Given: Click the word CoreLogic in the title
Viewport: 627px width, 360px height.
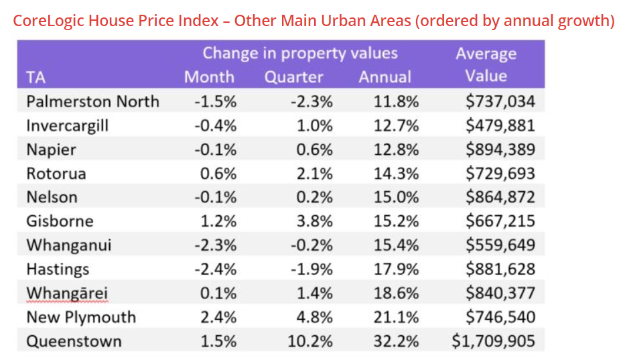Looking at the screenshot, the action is click(x=48, y=21).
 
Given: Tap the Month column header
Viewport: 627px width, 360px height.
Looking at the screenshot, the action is click(x=209, y=77).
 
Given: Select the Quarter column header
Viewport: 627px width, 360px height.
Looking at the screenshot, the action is click(x=293, y=77).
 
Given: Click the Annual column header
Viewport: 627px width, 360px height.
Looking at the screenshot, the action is click(x=385, y=77).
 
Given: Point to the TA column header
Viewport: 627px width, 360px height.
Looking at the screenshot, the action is click(x=36, y=77).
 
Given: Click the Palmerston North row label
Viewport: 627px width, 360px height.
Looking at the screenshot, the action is click(x=92, y=102).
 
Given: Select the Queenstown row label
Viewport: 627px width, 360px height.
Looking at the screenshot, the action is click(x=74, y=341).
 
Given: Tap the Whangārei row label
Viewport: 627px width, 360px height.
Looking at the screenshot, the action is click(x=67, y=293).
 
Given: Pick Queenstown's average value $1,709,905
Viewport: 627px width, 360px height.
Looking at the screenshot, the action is click(x=494, y=341).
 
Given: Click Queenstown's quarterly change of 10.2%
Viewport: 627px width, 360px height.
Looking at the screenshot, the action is click(x=310, y=341).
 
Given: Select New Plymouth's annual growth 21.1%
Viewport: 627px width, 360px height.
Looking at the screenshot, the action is click(x=397, y=317).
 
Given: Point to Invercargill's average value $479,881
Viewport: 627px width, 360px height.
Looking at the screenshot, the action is click(x=500, y=125).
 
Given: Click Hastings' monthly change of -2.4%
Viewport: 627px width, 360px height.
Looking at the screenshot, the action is click(x=216, y=269).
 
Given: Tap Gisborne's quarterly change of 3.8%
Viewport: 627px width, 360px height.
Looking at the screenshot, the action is click(x=314, y=221).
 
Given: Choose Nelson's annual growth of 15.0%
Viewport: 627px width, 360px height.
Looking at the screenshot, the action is click(x=397, y=197).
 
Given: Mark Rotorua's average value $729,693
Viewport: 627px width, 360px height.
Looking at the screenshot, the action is click(x=500, y=174).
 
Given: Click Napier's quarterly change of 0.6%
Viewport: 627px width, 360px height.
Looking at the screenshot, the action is click(x=314, y=149).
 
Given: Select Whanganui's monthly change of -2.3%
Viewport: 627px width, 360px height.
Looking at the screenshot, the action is click(x=216, y=245).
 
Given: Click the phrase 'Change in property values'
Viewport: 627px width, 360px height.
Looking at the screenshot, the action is click(x=300, y=54).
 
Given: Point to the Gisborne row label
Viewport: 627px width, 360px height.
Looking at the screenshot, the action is click(x=60, y=221).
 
